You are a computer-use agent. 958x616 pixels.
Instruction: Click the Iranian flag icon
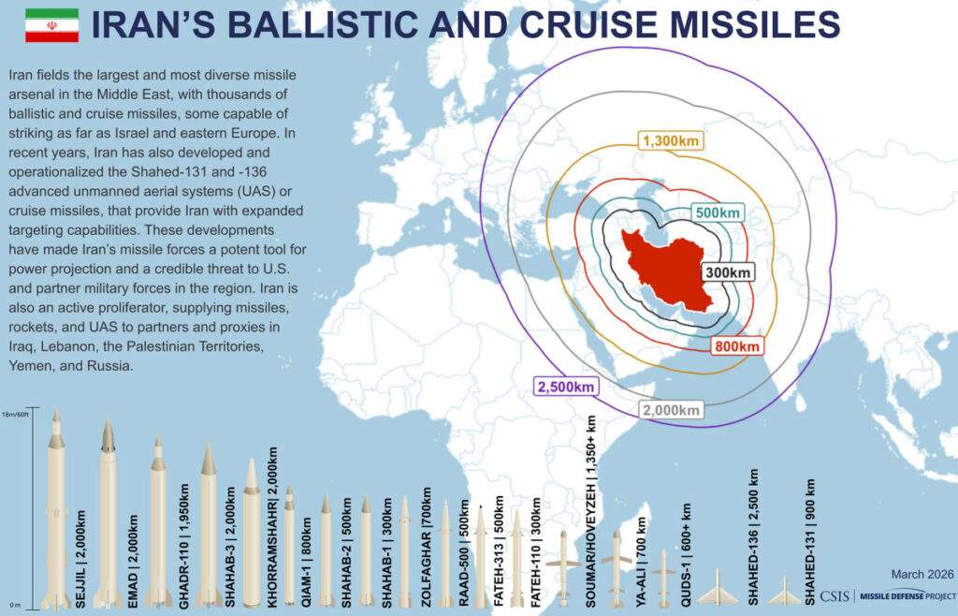pos(51,25)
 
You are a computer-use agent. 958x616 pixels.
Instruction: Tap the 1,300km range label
pos(671,141)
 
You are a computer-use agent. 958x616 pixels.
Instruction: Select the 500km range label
pos(718,213)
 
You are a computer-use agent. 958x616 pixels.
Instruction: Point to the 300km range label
pos(728,272)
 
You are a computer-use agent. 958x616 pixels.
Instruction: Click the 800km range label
pos(737,345)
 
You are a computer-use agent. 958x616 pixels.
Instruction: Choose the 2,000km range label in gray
pos(671,410)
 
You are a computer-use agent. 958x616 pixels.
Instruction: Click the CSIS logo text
pos(835,596)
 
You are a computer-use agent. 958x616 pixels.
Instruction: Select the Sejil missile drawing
pos(56,510)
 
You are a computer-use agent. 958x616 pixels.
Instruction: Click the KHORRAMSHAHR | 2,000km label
pos(272,527)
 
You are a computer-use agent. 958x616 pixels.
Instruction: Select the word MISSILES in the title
pos(742,25)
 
